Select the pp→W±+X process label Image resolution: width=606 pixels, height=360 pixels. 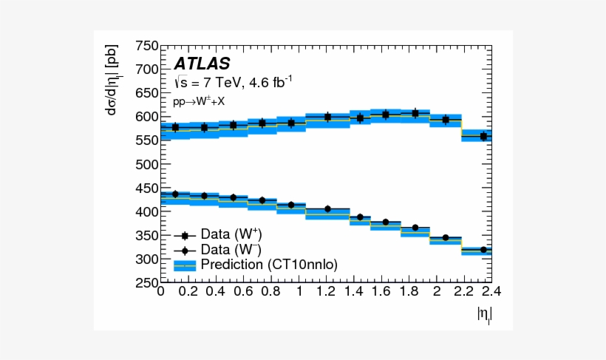pos(199,101)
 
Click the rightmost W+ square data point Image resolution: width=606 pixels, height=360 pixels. pos(484,136)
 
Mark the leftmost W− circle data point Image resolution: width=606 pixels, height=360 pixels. pos(175,194)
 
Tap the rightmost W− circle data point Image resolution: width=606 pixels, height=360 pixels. pos(484,250)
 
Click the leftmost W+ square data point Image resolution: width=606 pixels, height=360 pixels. pos(175,127)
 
